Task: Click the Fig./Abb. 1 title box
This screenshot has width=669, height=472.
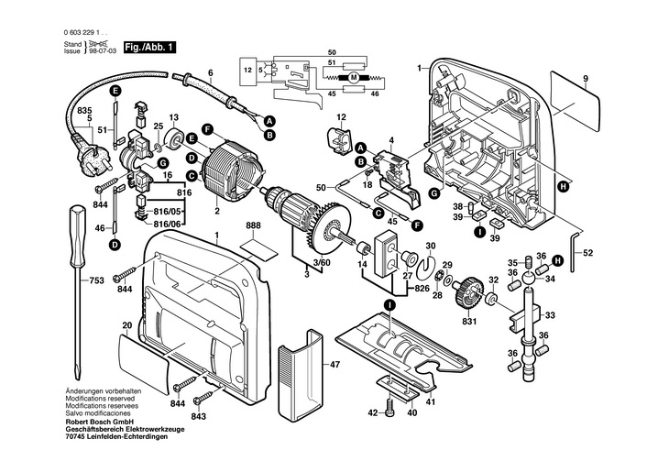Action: coord(148,47)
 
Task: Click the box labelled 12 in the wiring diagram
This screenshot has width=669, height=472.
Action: coord(247,70)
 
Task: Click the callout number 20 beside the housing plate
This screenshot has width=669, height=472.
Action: coord(126,325)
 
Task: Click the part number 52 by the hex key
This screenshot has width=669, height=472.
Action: coord(588,253)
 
